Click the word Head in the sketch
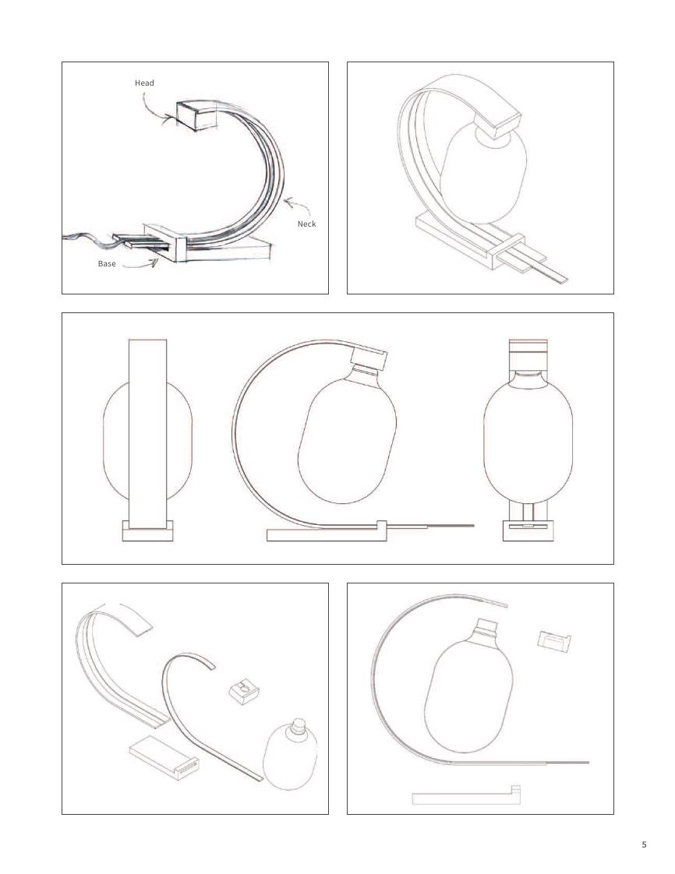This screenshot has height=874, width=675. [144, 83]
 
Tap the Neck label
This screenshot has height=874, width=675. [306, 224]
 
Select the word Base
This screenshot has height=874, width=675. [107, 263]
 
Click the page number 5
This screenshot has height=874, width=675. [645, 844]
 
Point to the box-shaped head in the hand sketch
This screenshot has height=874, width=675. [196, 115]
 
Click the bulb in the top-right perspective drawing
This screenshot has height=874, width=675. [483, 173]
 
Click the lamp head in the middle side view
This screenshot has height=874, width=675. [369, 359]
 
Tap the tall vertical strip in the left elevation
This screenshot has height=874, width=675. [147, 432]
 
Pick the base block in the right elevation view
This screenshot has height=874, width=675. [528, 530]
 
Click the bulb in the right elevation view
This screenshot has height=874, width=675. [528, 438]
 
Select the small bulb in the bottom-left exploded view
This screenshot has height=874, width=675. [291, 755]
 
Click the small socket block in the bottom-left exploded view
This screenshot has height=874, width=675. [244, 692]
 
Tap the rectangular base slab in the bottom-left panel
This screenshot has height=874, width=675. [164, 758]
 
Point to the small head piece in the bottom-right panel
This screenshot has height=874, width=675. [554, 641]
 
